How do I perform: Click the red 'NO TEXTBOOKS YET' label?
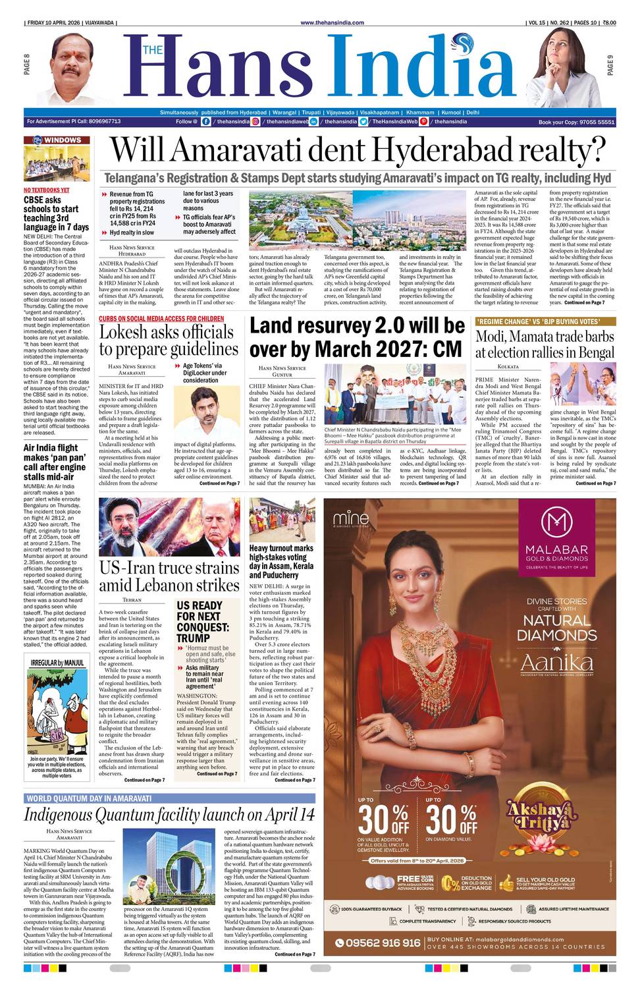click(46, 190)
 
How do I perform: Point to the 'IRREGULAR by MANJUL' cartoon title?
click(57, 662)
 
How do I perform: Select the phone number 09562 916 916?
click(383, 943)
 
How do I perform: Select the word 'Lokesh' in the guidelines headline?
click(131, 331)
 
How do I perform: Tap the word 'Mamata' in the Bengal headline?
click(543, 337)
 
